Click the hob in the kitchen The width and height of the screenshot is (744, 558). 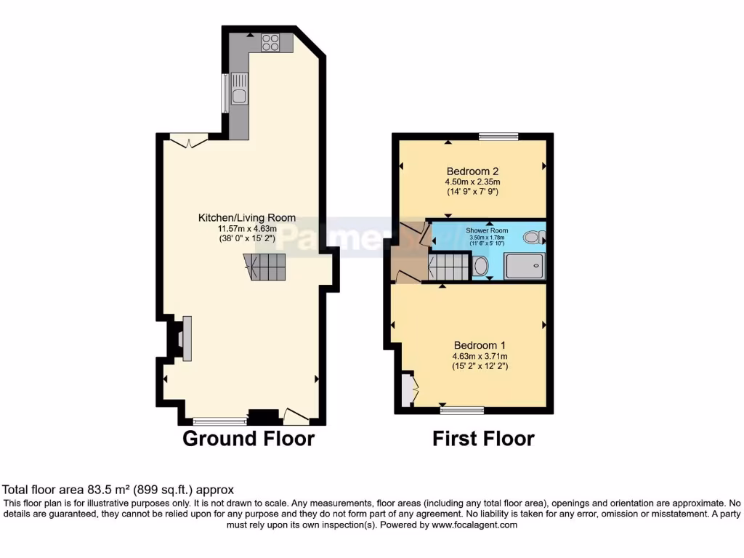271,42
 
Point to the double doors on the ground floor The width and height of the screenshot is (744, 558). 190,141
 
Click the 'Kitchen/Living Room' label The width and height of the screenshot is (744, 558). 247,217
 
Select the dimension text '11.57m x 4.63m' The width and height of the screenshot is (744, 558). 247,228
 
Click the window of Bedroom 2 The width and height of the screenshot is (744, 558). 498,136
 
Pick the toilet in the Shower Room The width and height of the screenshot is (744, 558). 534,236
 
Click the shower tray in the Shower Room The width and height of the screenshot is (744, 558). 524,267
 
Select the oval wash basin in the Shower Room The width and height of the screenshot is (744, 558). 481,267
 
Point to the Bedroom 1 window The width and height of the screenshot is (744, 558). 462,410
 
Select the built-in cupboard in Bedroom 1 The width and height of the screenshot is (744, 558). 408,389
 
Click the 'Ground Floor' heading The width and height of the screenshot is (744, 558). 248,439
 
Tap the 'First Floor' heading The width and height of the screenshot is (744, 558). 483,439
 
